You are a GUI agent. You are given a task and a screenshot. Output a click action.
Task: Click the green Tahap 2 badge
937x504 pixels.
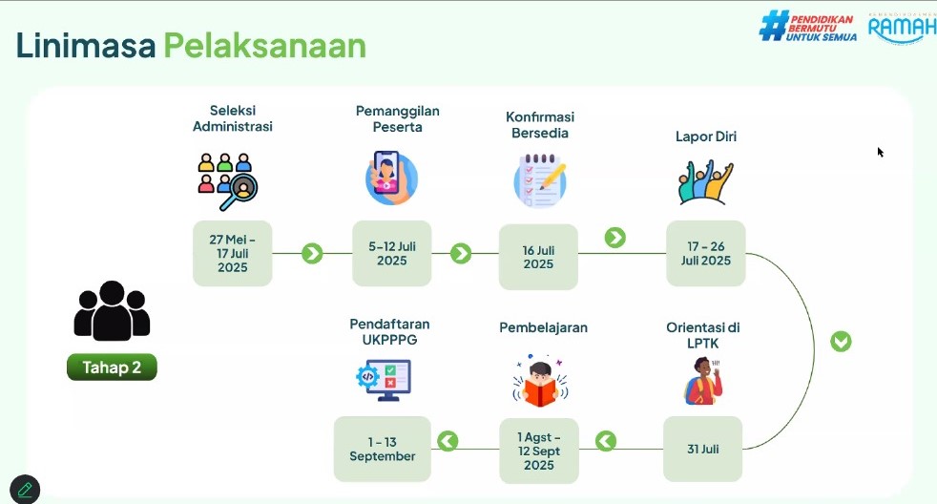[112, 367]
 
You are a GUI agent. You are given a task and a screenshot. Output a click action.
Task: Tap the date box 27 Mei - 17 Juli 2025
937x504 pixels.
[233, 254]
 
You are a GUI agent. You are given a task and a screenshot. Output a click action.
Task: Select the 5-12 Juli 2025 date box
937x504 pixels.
[392, 254]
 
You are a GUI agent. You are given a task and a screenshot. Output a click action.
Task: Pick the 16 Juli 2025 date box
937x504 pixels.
[538, 257]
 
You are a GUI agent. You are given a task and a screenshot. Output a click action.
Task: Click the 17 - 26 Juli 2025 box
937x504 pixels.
[706, 254]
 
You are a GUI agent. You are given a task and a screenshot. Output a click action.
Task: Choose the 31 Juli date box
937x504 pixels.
[702, 449]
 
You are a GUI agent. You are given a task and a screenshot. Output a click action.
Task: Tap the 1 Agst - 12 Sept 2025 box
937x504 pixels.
[539, 451]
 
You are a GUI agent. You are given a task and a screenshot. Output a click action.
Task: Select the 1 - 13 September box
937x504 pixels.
[383, 449]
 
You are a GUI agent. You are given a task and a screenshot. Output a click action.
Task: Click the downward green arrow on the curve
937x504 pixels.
[841, 342]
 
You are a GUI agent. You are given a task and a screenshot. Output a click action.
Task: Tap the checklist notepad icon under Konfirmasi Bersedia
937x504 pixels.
[540, 180]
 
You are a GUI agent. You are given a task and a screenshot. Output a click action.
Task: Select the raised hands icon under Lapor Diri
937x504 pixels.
[706, 182]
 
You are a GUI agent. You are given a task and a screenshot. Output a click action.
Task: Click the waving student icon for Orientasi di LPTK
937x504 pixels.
[703, 381]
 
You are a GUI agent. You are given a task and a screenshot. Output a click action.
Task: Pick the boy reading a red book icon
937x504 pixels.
[540, 383]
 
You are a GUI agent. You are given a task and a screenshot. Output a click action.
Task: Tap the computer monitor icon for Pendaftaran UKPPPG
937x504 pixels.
[384, 380]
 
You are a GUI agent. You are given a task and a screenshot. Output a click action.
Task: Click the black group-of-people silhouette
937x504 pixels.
[112, 311]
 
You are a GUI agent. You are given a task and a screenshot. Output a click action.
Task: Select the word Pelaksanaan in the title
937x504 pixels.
[264, 46]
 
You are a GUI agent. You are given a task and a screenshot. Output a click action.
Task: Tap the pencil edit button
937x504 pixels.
[25, 490]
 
